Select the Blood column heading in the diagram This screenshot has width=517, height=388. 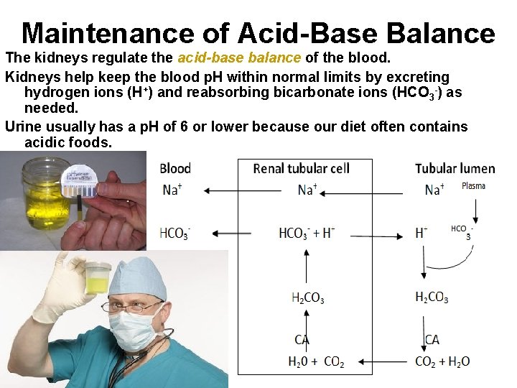click(x=175, y=169)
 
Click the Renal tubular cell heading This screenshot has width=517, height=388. click(x=302, y=169)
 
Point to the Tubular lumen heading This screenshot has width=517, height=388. click(x=455, y=169)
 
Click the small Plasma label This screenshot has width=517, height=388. click(x=473, y=186)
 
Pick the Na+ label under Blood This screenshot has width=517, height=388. click(x=171, y=190)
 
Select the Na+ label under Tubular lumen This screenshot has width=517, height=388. click(x=433, y=190)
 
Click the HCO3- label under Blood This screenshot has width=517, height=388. click(x=174, y=233)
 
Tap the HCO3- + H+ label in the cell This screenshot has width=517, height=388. click(x=307, y=233)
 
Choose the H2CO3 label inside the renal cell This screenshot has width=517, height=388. click(x=307, y=297)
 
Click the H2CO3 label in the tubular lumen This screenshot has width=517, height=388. click(x=432, y=297)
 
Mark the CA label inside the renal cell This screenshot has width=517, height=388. click(x=302, y=339)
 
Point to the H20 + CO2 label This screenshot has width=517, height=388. click(x=316, y=362)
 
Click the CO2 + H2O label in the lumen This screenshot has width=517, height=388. click(x=442, y=362)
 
